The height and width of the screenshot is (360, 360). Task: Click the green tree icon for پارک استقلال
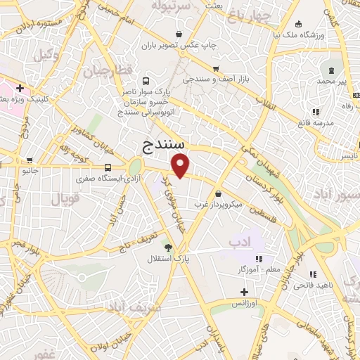point(167,246)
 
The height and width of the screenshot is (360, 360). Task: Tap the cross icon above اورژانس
point(244,292)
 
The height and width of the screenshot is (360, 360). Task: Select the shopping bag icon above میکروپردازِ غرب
point(219,193)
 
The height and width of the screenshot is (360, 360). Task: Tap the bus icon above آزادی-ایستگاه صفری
point(108,168)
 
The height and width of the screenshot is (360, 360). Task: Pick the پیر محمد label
point(332,82)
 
